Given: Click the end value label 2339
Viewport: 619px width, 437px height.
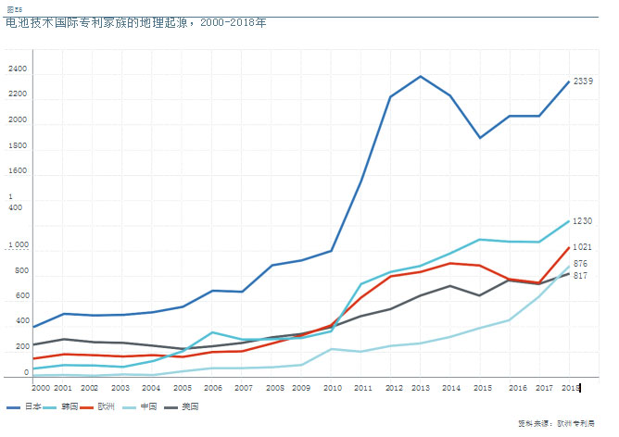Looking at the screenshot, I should click(x=583, y=81).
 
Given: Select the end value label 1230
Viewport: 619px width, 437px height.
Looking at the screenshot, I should click(x=582, y=221).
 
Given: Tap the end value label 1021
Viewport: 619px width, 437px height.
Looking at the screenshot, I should click(x=582, y=247).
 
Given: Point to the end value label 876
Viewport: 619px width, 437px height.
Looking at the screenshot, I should click(x=580, y=264).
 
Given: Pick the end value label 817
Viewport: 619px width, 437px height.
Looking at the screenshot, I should click(x=580, y=276).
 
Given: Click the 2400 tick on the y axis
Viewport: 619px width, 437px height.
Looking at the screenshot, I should click(x=18, y=69).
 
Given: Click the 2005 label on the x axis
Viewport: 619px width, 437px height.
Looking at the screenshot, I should click(x=183, y=388).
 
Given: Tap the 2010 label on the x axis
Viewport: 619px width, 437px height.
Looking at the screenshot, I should click(x=333, y=388).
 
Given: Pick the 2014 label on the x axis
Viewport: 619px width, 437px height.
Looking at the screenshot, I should click(x=451, y=388).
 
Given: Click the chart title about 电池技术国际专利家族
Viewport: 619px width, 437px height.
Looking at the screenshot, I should click(x=135, y=21).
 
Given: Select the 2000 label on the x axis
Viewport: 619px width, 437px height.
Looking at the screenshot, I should click(x=42, y=388).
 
